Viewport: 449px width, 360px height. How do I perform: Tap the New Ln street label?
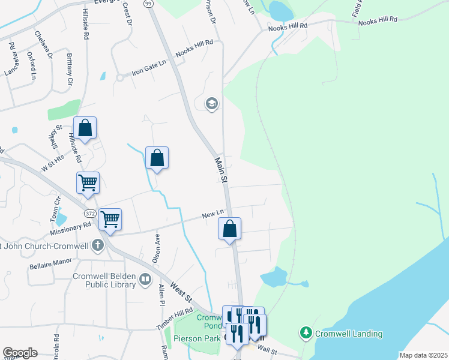[x=212, y=214]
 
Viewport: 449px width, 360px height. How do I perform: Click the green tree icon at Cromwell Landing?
[x=306, y=332]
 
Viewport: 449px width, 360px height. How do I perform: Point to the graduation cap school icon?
[x=211, y=104]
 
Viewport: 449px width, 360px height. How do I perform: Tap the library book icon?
[x=145, y=279]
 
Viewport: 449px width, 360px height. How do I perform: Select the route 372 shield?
[x=90, y=213]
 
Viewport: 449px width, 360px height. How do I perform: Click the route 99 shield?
[x=148, y=4]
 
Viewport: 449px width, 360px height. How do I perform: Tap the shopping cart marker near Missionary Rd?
[x=110, y=220]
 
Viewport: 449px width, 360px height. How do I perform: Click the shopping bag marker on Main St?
[x=229, y=229]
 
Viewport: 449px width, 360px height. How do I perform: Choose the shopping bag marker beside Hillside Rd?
[x=85, y=128]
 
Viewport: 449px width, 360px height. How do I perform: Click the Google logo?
[x=20, y=353]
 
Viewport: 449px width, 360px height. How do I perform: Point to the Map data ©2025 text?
[x=423, y=355]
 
